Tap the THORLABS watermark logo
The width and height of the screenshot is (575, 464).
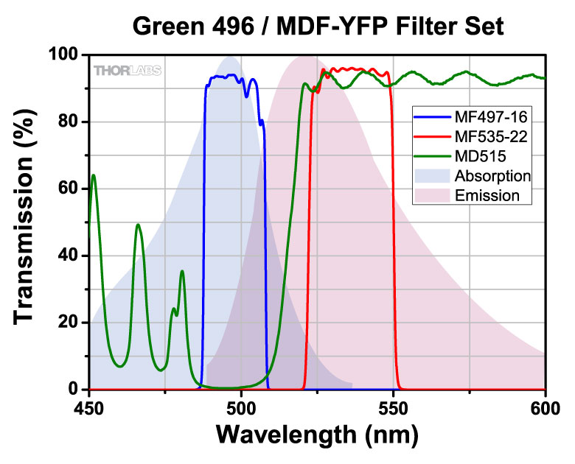pos(127,71)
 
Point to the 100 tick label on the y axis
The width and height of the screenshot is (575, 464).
pos(64,55)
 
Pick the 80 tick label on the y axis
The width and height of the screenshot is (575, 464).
pos(69,122)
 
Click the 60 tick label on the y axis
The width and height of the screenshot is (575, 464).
pos(69,189)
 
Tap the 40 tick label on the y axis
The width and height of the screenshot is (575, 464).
pos(69,256)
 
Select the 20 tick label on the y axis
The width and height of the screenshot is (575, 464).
pos(69,323)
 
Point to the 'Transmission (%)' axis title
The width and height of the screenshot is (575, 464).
pos(26,221)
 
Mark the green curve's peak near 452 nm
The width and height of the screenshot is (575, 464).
pos(94,175)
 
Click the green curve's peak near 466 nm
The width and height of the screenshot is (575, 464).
pos(138,225)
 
